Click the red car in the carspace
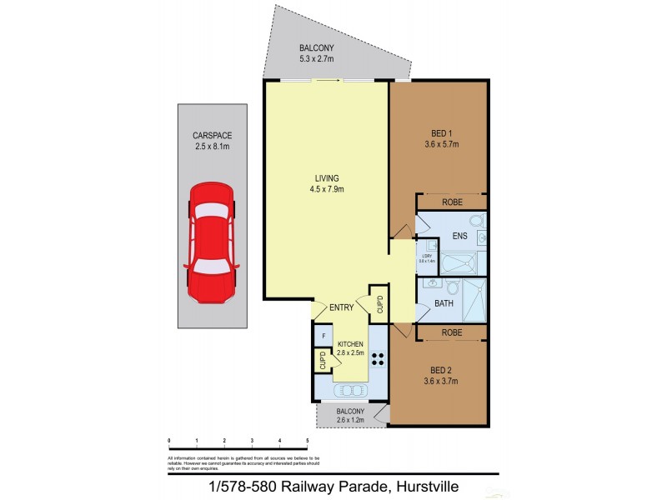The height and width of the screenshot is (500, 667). tap(212, 242)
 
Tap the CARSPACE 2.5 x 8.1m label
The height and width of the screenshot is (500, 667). tap(211, 142)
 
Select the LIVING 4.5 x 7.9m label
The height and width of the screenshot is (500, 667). tap(326, 183)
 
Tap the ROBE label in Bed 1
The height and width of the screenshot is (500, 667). tap(451, 202)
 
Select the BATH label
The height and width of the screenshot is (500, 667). tap(444, 303)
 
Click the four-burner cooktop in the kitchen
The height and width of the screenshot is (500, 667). tap(377, 361)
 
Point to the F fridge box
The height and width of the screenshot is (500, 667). tap(323, 336)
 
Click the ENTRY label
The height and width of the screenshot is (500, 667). tap(341, 307)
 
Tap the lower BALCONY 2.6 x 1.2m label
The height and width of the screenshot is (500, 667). tap(350, 416)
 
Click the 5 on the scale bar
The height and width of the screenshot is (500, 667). tap(308, 440)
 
